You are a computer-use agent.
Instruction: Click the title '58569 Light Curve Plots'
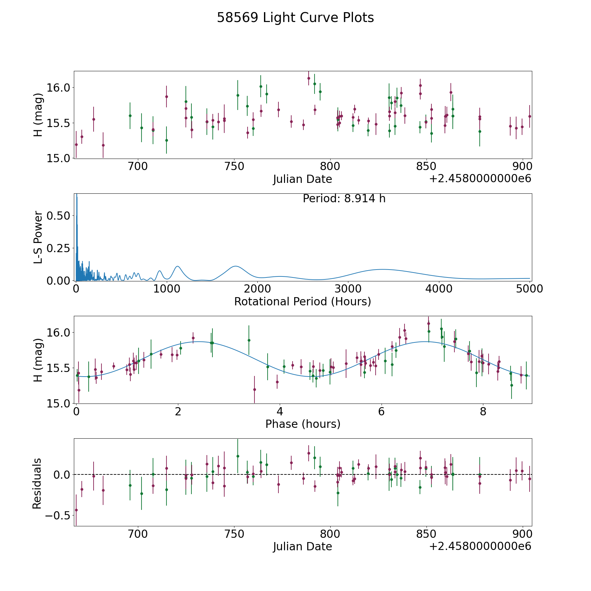click(x=295, y=18)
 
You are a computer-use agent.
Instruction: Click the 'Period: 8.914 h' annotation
click(x=344, y=199)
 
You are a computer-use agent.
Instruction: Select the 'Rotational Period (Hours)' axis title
click(x=302, y=301)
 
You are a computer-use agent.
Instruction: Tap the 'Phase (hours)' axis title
click(x=303, y=424)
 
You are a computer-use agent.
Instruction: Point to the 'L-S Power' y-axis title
click(x=38, y=237)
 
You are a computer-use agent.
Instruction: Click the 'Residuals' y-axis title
click(x=37, y=484)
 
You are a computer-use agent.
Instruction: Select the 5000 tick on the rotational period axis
click(x=530, y=289)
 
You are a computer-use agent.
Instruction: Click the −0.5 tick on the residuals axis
click(x=54, y=515)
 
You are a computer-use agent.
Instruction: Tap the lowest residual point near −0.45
click(x=76, y=510)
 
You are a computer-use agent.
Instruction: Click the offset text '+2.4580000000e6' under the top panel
click(x=480, y=179)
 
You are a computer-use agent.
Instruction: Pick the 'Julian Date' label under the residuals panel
click(x=302, y=547)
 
